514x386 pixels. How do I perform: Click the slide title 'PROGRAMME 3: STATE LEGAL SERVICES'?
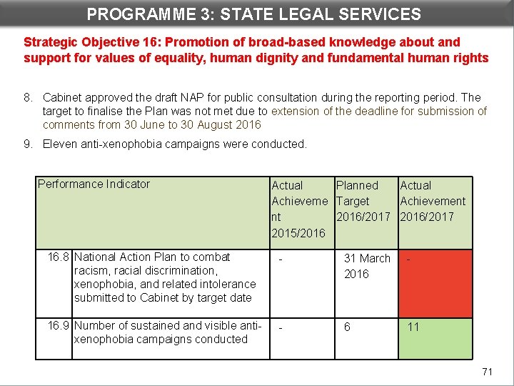253,14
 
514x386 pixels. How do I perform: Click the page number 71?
488,371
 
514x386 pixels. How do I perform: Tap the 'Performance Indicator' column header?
94,184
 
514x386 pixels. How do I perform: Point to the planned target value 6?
347,327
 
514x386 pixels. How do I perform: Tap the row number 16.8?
59,257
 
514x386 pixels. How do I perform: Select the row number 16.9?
59,326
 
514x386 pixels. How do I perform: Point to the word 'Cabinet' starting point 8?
64,97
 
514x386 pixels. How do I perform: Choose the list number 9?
28,144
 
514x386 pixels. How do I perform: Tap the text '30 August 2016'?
225,124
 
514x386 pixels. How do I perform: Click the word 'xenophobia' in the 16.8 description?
99,284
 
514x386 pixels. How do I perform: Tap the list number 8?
28,97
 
